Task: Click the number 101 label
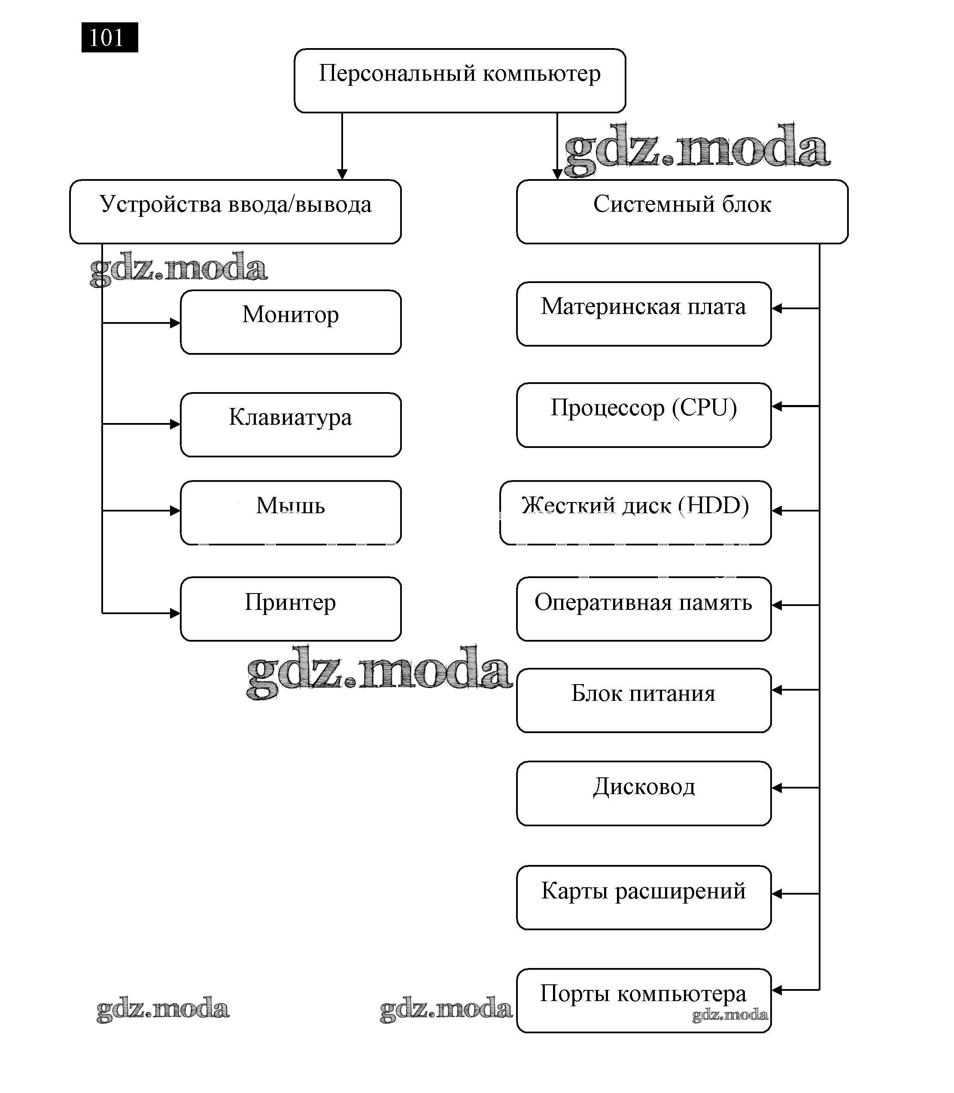(109, 38)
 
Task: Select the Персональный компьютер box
(459, 80)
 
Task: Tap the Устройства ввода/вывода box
(235, 211)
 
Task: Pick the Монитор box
(291, 322)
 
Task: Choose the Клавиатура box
(291, 424)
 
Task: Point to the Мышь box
(291, 512)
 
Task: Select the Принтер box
(291, 609)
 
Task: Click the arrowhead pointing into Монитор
(175, 323)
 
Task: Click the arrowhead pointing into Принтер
(175, 613)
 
